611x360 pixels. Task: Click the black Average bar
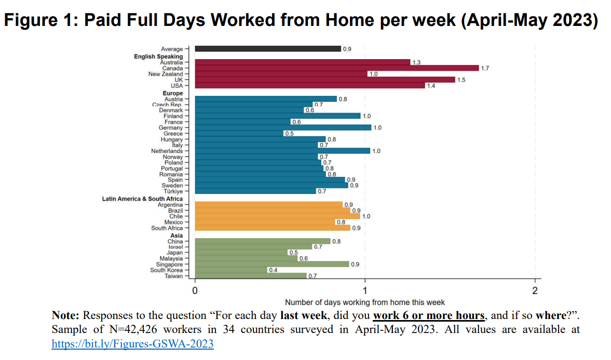click(x=267, y=49)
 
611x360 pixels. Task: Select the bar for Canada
click(x=336, y=68)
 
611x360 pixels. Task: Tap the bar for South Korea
click(x=230, y=270)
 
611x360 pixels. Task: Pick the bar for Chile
click(x=277, y=216)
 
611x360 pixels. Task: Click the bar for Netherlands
click(x=282, y=151)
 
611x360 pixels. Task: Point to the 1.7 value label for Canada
click(x=485, y=68)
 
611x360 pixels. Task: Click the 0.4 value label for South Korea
click(x=272, y=270)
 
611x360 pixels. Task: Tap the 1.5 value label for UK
click(x=461, y=80)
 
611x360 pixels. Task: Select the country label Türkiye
click(x=173, y=191)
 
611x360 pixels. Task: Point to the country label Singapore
click(x=169, y=264)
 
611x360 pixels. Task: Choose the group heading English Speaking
click(x=158, y=57)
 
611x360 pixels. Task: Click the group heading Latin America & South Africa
click(x=142, y=199)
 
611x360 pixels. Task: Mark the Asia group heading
click(x=176, y=236)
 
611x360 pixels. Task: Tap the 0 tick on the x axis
click(x=195, y=290)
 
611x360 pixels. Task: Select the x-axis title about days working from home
click(x=364, y=302)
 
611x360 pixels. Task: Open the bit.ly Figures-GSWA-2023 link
click(x=132, y=343)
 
